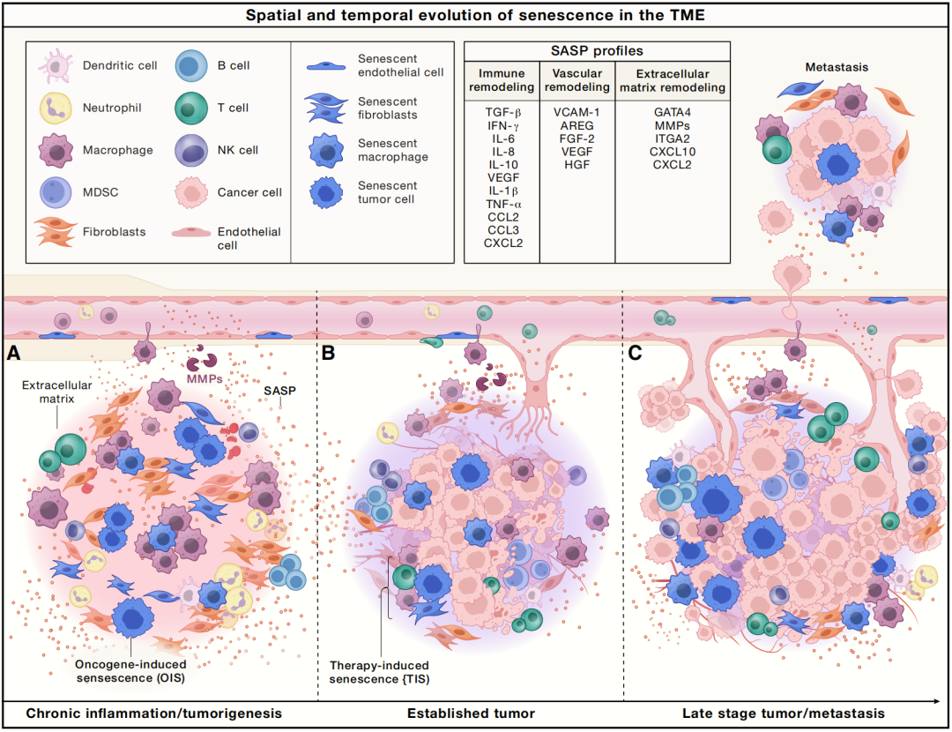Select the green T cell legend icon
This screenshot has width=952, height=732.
pyautogui.click(x=190, y=108)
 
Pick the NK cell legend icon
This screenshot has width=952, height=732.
pyautogui.click(x=190, y=150)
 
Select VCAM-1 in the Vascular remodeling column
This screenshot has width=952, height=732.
pyautogui.click(x=576, y=114)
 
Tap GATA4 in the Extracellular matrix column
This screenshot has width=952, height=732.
pyautogui.click(x=672, y=114)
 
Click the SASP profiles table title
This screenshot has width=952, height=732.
pyautogui.click(x=597, y=51)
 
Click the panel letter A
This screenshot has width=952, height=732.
pyautogui.click(x=13, y=354)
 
